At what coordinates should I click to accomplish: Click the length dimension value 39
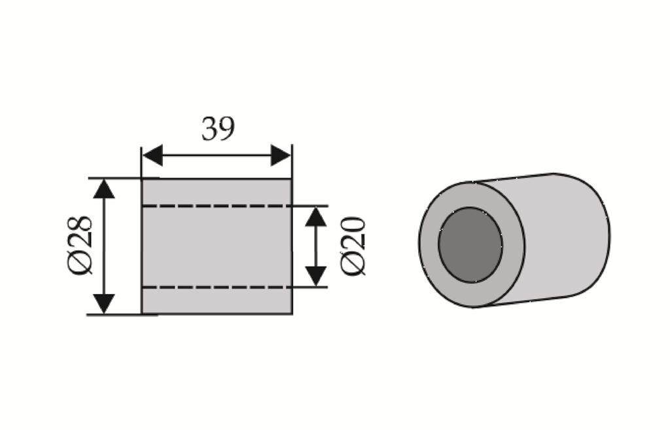218,128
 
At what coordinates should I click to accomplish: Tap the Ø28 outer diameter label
79,245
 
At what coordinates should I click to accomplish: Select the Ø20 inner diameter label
353,246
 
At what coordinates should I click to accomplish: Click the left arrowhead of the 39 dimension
152,155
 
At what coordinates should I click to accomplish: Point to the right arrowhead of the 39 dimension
281,155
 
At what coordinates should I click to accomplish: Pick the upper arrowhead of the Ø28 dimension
104,189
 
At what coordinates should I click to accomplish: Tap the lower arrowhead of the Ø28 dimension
104,304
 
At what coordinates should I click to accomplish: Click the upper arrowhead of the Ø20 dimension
316,217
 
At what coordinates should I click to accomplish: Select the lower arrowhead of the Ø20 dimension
316,276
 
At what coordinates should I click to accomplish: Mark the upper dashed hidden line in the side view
217,206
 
